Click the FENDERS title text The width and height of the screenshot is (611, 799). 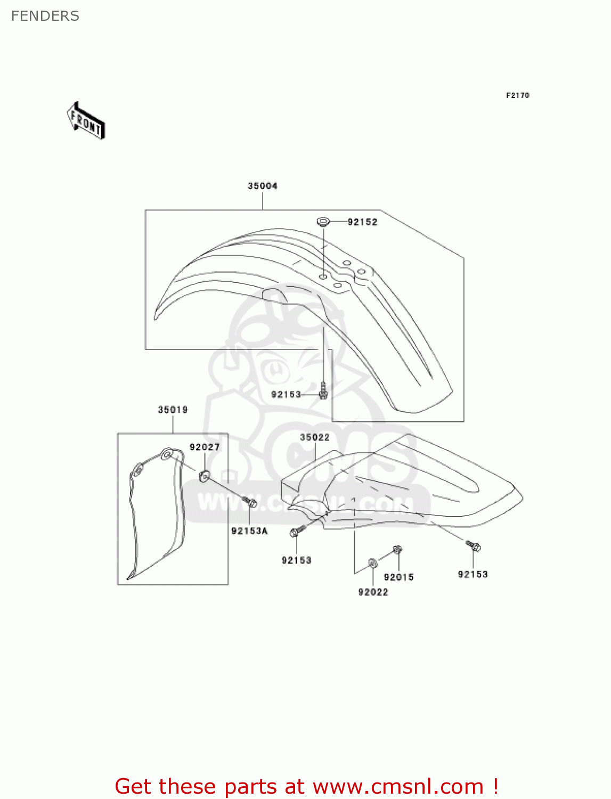pyautogui.click(x=45, y=16)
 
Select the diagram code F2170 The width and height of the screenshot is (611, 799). pyautogui.click(x=517, y=95)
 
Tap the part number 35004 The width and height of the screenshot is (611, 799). pyautogui.click(x=262, y=186)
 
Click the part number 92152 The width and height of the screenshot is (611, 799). pyautogui.click(x=362, y=222)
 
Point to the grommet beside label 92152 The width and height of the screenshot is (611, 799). pyautogui.click(x=323, y=221)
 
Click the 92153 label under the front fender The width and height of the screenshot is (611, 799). pyautogui.click(x=286, y=395)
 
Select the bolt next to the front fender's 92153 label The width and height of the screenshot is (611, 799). pyautogui.click(x=323, y=392)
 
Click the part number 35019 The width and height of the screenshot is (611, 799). pyautogui.click(x=173, y=410)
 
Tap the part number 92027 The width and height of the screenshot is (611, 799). pyautogui.click(x=205, y=447)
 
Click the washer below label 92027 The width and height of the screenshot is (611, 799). pyautogui.click(x=204, y=476)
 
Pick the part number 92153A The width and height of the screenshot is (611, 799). pyautogui.click(x=249, y=531)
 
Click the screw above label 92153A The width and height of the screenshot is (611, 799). pyautogui.click(x=249, y=502)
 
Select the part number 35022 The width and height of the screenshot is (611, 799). pyautogui.click(x=315, y=437)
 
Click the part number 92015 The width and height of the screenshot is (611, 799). pyautogui.click(x=398, y=577)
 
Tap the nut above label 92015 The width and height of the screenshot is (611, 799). pyautogui.click(x=397, y=549)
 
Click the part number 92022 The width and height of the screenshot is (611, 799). pyautogui.click(x=373, y=592)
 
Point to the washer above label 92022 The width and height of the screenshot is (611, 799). pyautogui.click(x=372, y=562)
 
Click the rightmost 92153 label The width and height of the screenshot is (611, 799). pyautogui.click(x=472, y=574)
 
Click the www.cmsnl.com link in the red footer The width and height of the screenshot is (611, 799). pyautogui.click(x=398, y=787)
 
